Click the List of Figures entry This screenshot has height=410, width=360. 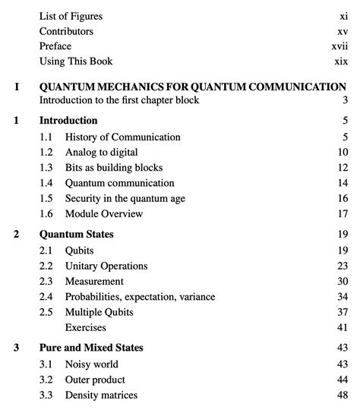[71, 16]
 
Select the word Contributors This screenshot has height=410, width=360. [66, 31]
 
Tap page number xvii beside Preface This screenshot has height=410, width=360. [339, 46]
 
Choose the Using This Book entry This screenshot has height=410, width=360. [75, 61]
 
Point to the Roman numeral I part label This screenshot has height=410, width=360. [17, 87]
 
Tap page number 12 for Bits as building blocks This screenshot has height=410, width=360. [342, 168]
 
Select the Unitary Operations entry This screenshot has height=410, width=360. [106, 266]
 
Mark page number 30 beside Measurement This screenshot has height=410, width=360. [342, 282]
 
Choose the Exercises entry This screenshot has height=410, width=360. [85, 328]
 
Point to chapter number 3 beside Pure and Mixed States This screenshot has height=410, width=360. [17, 348]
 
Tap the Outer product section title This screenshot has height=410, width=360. [95, 380]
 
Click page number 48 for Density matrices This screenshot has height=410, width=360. [342, 396]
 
